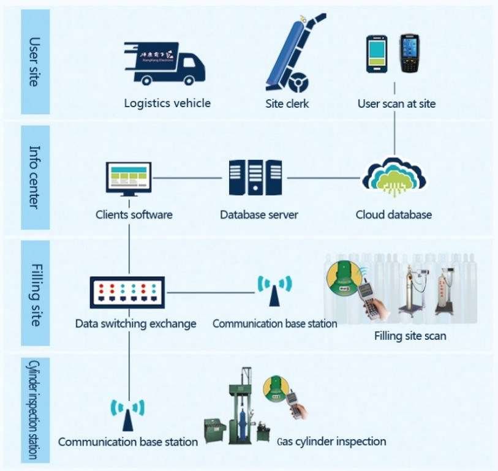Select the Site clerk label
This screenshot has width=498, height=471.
pos(287,104)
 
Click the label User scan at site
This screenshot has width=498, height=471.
pos(396,104)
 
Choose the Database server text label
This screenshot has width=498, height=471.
pos(259,215)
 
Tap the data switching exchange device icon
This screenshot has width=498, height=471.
pos(130,293)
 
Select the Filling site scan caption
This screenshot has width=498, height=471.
pos(410,336)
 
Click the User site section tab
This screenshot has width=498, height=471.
pos(35,61)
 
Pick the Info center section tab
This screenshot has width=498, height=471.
pos(35,177)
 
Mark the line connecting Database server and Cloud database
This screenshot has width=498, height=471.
pos(323,178)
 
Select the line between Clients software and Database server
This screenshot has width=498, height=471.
pos(187,178)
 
